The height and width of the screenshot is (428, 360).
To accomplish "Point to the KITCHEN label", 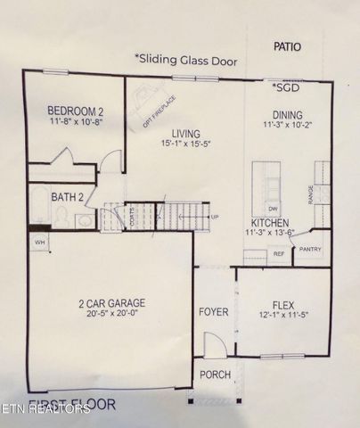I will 269,222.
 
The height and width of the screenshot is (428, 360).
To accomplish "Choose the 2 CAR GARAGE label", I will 111,302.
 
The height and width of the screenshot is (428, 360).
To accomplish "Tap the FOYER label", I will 214,312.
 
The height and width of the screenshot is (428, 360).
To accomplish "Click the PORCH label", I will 214,374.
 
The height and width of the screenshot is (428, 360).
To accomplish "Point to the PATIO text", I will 287,46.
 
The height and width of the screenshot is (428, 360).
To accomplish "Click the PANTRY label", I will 310,250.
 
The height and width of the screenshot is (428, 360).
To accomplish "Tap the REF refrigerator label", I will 277,254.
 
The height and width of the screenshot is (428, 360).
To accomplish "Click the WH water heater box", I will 39,242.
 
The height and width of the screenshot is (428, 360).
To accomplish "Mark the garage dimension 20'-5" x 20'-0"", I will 111,314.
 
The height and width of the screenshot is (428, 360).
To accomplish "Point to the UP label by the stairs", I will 215,217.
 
